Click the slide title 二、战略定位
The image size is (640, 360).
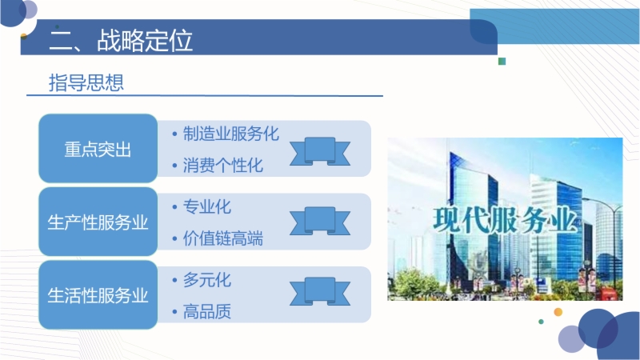click(121, 40)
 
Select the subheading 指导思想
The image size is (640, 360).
click(86, 82)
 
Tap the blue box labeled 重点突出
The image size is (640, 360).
click(98, 149)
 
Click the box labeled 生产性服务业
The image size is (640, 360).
click(98, 222)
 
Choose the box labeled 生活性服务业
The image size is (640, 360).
click(98, 294)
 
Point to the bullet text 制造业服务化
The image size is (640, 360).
click(230, 134)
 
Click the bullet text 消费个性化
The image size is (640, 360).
click(223, 166)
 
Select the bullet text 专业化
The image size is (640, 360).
click(207, 206)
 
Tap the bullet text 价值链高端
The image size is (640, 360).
click(223, 238)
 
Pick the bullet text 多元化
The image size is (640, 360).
click(207, 279)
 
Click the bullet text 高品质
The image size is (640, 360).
click(207, 311)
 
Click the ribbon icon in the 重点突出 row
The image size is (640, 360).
click(320, 151)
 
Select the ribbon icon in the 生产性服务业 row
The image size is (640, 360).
click(320, 221)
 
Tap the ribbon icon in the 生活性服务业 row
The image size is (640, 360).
click(320, 291)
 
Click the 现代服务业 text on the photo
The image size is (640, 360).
click(505, 221)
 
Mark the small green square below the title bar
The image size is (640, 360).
click(502, 62)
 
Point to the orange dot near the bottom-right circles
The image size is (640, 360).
click(558, 312)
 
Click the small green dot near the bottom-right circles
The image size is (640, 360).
click(542, 322)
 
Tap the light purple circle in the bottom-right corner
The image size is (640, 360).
click(570, 339)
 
